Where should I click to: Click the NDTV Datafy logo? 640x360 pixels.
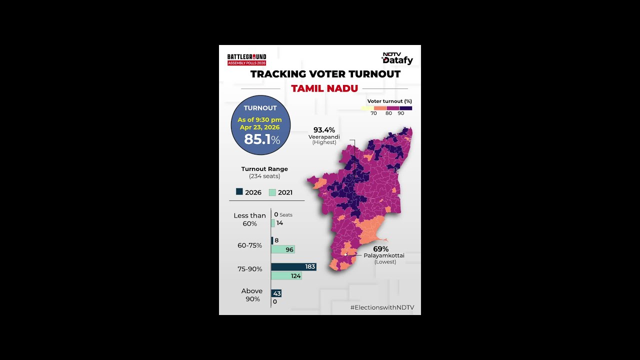click(x=397, y=58)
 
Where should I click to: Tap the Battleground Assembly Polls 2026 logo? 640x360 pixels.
click(x=246, y=59)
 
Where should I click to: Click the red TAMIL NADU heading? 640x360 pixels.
click(x=324, y=88)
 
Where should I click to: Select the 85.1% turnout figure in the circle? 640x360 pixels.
click(x=261, y=139)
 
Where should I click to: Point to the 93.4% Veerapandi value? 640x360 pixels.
click(x=324, y=130)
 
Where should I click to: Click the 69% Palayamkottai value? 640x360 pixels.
click(x=380, y=249)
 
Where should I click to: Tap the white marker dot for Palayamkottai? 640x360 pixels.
click(x=345, y=255)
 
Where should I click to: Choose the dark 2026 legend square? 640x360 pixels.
click(x=239, y=191)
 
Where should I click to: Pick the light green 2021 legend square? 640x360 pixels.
click(x=272, y=192)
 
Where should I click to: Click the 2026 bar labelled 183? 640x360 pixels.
click(x=293, y=267)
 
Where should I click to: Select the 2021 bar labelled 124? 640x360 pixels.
click(x=286, y=275)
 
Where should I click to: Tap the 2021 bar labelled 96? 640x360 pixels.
click(x=282, y=249)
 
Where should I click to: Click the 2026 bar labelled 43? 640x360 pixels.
click(x=276, y=293)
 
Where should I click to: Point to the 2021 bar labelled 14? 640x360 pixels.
click(x=273, y=223)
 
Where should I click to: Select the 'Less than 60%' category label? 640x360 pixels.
click(x=249, y=219)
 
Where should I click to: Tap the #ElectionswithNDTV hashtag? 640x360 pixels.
click(x=382, y=307)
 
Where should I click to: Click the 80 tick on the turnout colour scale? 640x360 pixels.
click(x=388, y=113)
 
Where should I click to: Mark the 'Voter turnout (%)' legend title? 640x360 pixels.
click(x=389, y=101)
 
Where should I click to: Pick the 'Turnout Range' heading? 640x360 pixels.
click(x=264, y=169)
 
